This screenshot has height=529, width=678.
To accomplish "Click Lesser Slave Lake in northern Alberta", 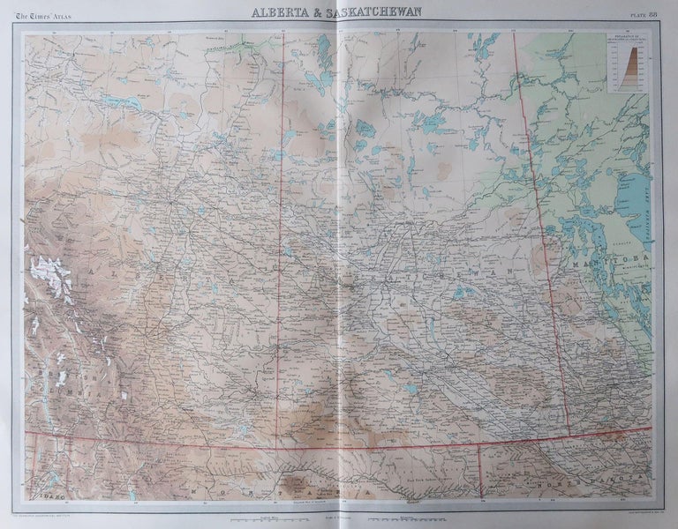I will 122,102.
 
